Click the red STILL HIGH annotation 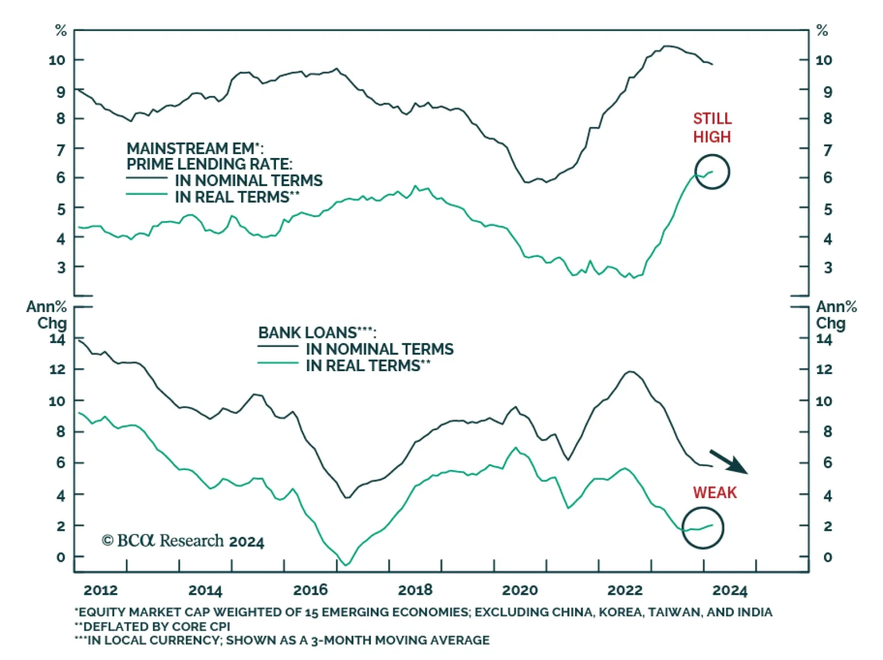pos(712,128)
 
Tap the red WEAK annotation pos(715,492)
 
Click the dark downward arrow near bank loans pos(728,462)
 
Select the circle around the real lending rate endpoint pos(712,172)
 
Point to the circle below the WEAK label pos(703,528)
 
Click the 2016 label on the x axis pos(310,590)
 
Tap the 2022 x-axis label pos(625,590)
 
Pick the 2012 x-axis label pos(100,590)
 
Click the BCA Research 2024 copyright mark pos(183,541)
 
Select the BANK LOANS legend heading pos(317,332)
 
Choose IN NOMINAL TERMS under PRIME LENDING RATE pos(248,181)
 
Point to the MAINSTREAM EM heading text pos(195,149)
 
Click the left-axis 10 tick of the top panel pos(57,60)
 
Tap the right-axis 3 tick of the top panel pos(827,268)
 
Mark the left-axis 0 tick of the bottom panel pos(61,557)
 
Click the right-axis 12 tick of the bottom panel pos(824,369)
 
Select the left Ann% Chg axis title pos(47,315)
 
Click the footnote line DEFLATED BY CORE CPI pos(152,626)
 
